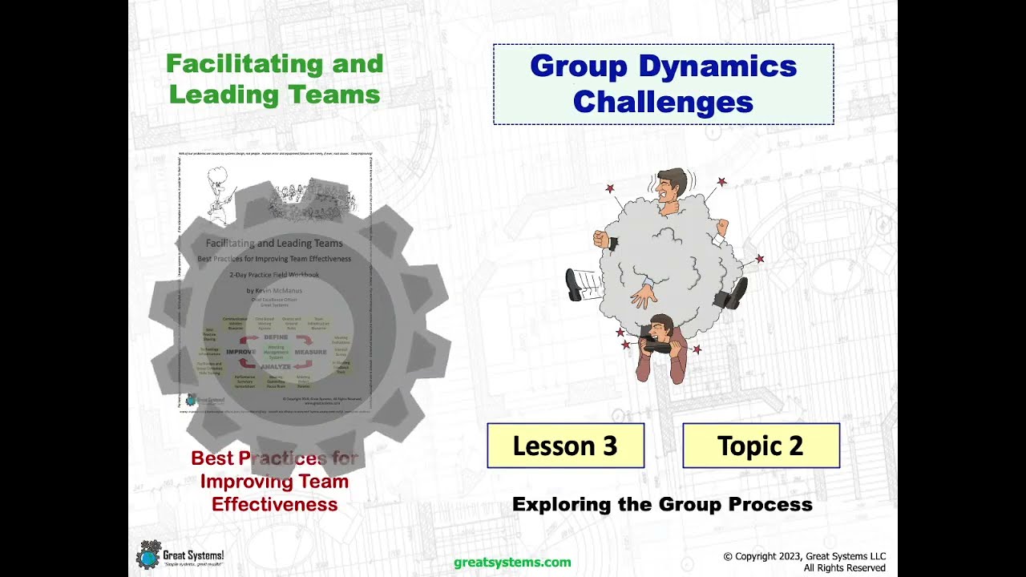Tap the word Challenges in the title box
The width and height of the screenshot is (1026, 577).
point(663,103)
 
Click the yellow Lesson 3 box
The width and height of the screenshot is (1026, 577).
point(565,446)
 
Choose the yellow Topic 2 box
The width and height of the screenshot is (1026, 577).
point(761,446)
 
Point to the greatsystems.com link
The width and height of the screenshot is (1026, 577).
point(512,563)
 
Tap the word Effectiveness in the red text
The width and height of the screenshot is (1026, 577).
point(274,504)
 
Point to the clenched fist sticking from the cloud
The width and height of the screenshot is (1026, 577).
point(602,240)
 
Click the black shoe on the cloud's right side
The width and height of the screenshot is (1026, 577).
point(733,294)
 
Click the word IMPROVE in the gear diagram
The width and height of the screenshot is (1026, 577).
point(240,352)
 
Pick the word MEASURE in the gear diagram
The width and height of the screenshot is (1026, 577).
point(310,352)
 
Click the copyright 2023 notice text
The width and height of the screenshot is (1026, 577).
point(804,557)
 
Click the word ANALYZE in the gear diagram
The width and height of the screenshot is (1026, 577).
point(275,366)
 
